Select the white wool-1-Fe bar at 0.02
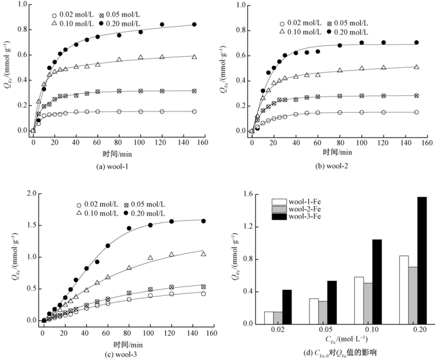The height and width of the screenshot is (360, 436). click(x=268, y=318)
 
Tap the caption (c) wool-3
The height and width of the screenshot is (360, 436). click(x=115, y=353)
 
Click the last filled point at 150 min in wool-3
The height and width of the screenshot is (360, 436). click(x=203, y=221)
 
